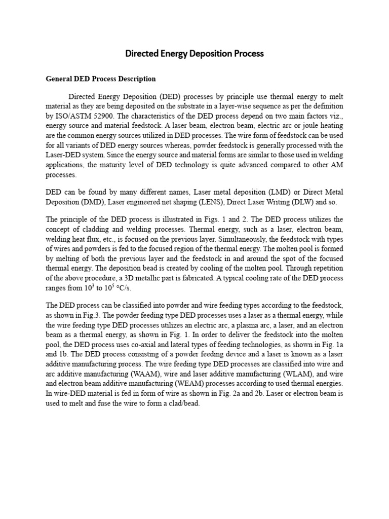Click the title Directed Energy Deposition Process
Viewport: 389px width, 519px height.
194,53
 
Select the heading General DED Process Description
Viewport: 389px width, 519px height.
101,79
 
